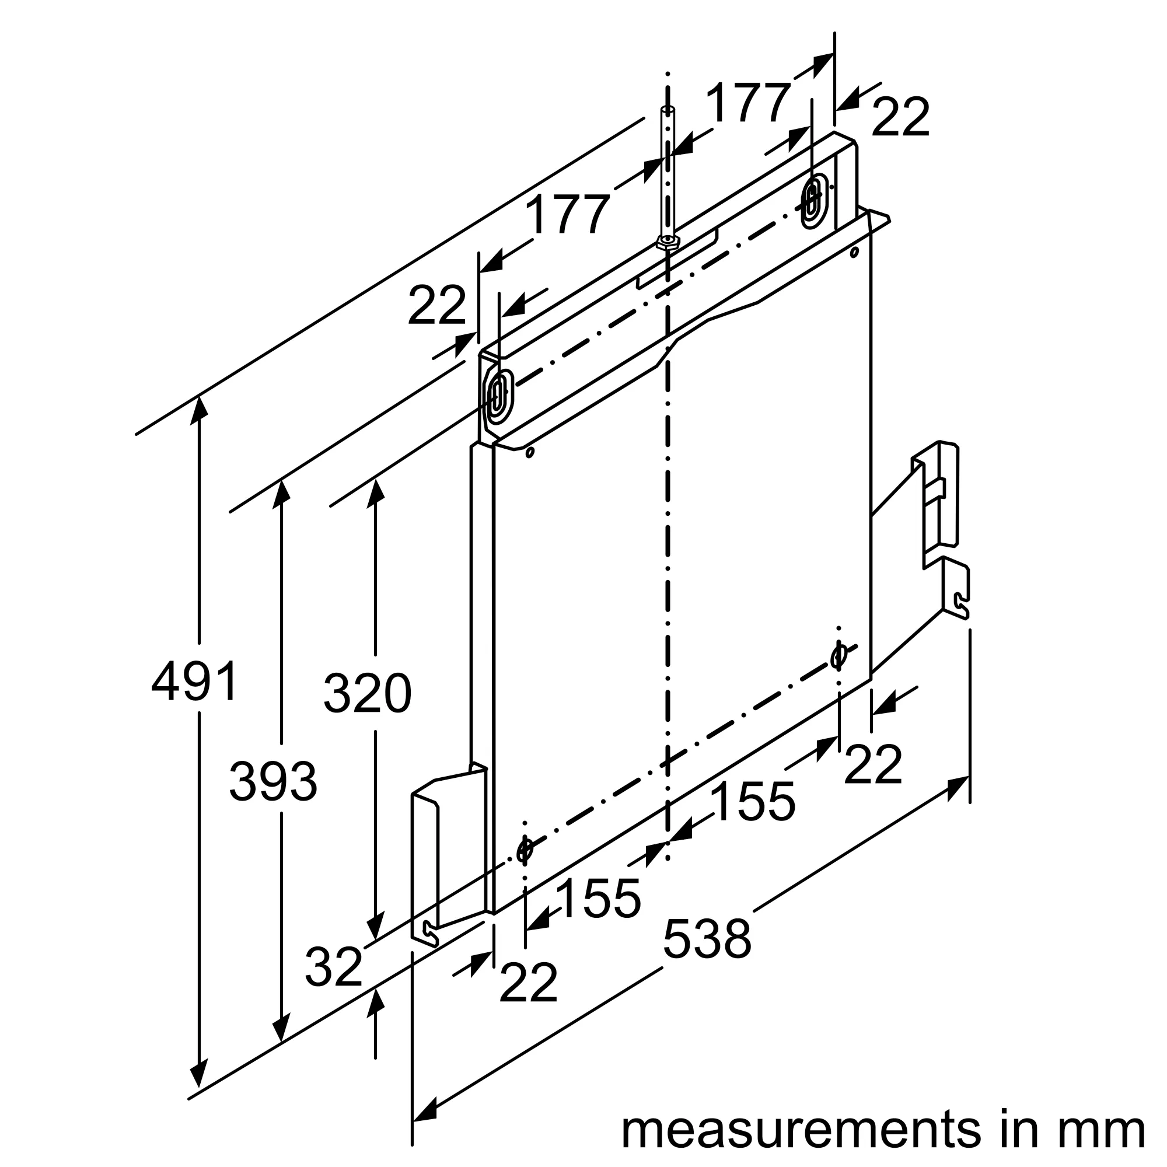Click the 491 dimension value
194,681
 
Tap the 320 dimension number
366,693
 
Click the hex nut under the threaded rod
668,242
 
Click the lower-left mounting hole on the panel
525,850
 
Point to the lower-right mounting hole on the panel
838,656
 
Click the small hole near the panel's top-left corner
530,452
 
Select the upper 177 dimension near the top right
747,103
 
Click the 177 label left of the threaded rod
566,214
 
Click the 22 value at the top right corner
899,117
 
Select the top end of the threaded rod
668,109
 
